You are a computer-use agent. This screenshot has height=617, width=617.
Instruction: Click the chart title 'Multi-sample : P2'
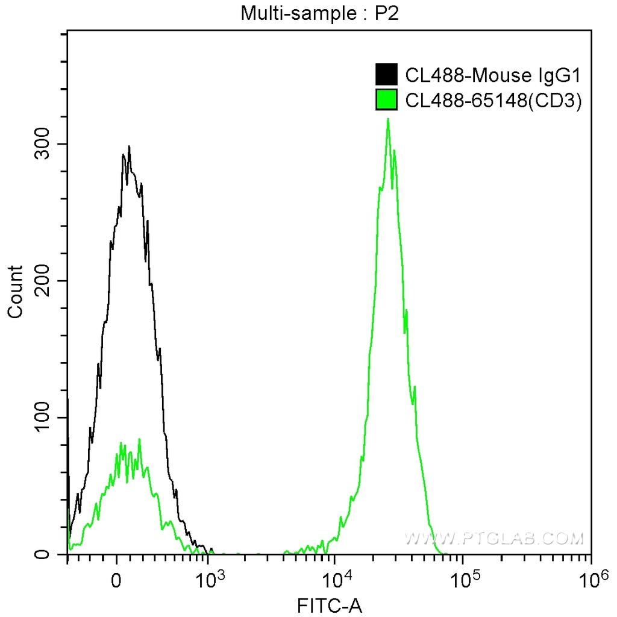320,13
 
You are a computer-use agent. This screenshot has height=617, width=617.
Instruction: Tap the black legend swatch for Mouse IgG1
386,75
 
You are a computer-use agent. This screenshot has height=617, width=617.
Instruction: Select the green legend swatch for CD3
386,100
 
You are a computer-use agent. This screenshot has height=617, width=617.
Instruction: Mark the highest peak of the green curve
388,119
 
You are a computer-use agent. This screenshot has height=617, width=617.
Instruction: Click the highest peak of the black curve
128,146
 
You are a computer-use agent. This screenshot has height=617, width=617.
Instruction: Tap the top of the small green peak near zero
140,439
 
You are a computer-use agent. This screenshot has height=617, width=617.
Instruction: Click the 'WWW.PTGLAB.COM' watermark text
494,537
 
